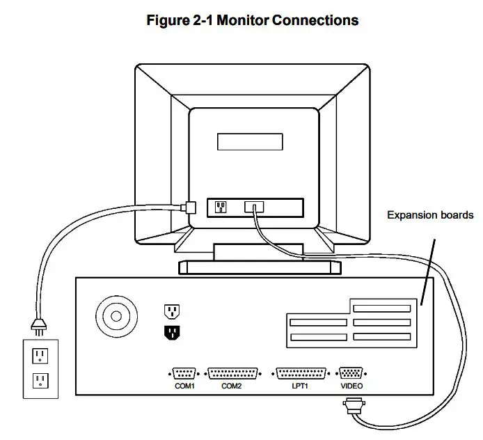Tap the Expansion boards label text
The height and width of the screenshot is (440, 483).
point(429,215)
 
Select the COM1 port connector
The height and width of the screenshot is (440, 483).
point(184,372)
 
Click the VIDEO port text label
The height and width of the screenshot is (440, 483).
point(351,386)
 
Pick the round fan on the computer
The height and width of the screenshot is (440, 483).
point(113,316)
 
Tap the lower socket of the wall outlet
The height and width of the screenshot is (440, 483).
point(40,381)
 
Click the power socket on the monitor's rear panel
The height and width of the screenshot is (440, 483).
point(221,207)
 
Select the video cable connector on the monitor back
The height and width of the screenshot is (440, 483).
point(254,207)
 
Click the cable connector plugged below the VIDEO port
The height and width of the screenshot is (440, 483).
point(352,404)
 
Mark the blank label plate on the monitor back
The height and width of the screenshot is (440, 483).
point(251,141)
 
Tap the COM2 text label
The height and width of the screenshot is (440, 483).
point(232,386)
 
